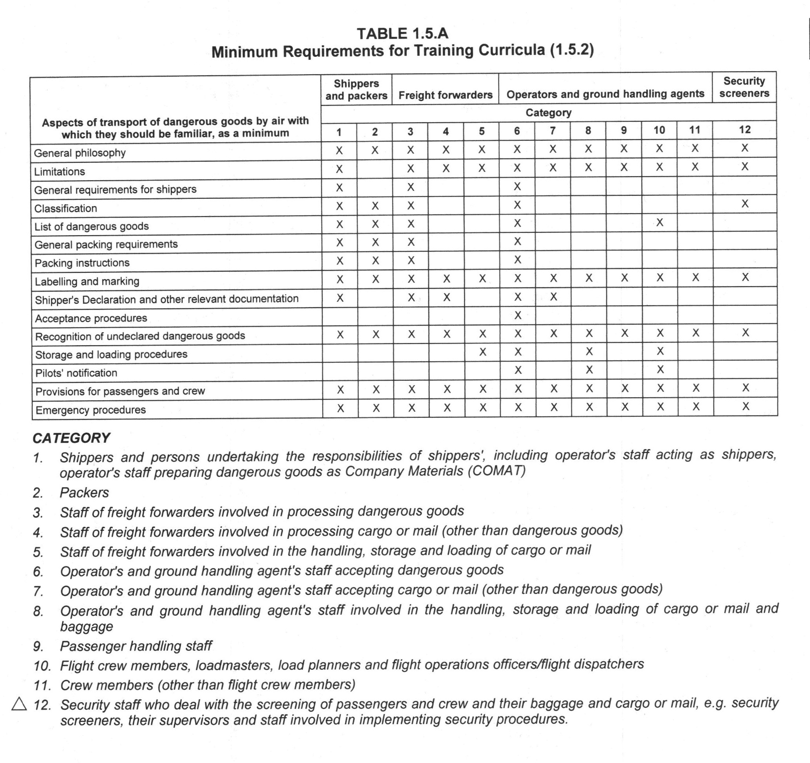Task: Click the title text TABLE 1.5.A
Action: pos(403,33)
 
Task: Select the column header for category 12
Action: pos(744,130)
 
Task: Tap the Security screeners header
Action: pos(744,87)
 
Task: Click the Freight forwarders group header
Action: pos(445,95)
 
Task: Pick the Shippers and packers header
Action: pos(356,90)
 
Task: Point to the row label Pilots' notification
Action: pos(76,373)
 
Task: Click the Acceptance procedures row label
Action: pos(91,318)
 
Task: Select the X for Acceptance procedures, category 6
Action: pos(517,315)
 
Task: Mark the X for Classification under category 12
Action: pos(745,204)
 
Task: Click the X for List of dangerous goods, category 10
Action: pos(660,222)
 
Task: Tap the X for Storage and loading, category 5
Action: pos(482,352)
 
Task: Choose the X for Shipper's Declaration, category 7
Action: pos(553,297)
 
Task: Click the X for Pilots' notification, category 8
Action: pos(589,370)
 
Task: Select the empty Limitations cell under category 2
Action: pos(375,168)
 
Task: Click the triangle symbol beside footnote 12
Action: pos(19,704)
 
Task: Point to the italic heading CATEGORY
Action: pos(71,438)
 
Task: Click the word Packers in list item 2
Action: pos(84,493)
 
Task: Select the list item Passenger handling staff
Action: pos(136,646)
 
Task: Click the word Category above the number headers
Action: pos(548,113)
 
